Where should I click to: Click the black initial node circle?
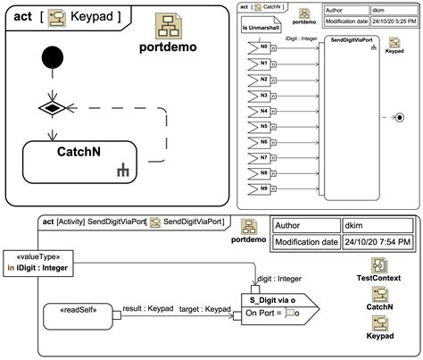[x=54, y=61]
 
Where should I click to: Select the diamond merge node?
[x=54, y=110]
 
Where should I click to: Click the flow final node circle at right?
[x=399, y=117]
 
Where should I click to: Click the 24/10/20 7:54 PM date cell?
[x=378, y=241]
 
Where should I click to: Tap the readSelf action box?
[x=79, y=314]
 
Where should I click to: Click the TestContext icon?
[x=377, y=270]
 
